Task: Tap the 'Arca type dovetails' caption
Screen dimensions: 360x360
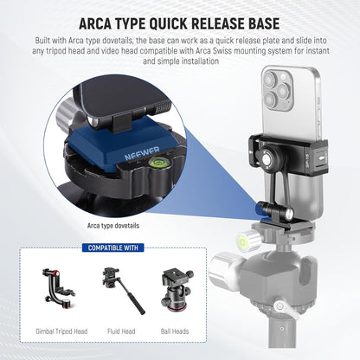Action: click(x=113, y=226)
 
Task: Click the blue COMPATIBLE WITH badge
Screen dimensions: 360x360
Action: click(x=113, y=247)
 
